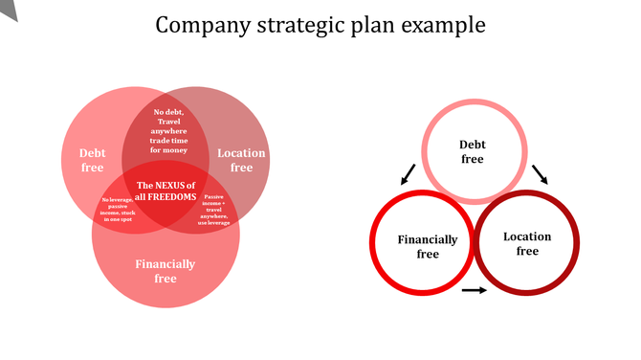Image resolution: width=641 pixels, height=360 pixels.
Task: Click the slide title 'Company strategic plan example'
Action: [x=320, y=24]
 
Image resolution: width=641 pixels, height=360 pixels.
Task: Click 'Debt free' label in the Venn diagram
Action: [x=93, y=160]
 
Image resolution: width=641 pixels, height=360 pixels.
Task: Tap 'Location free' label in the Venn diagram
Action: [x=241, y=160]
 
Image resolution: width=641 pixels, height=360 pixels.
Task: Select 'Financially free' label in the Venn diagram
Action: [x=166, y=271]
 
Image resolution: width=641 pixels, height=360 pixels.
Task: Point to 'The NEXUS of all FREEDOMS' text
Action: [x=166, y=191]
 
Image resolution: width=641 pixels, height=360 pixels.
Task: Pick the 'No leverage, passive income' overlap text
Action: [x=119, y=209]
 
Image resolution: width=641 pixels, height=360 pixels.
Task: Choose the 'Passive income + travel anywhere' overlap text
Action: [x=214, y=209]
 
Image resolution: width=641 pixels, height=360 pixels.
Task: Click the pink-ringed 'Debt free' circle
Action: [x=473, y=152]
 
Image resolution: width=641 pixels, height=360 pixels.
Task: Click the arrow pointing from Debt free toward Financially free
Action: [x=409, y=174]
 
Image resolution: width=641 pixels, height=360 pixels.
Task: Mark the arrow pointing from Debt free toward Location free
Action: [x=540, y=173]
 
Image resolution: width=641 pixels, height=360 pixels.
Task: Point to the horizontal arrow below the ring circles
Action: [x=474, y=289]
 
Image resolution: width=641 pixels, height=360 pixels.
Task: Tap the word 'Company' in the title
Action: [x=195, y=24]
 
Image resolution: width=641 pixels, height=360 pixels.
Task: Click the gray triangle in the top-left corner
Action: [x=8, y=9]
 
